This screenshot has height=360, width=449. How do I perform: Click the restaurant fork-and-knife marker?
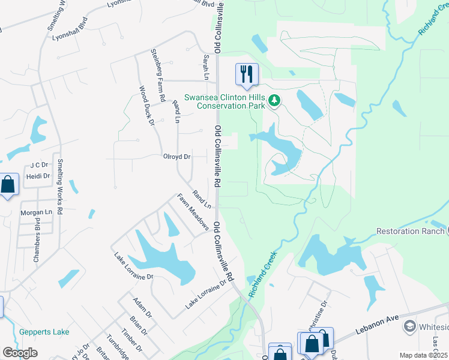point(247,74)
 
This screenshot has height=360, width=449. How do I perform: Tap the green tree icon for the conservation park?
point(274,100)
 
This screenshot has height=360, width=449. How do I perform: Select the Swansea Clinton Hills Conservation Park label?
point(224,101)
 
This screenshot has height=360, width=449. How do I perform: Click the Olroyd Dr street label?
point(176,157)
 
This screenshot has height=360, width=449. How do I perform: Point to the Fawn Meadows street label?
point(193,211)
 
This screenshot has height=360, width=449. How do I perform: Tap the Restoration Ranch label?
point(410,231)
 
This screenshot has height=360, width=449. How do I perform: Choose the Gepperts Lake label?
point(44,332)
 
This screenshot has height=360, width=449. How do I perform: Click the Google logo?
point(20,353)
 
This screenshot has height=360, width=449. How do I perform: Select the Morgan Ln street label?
point(37,212)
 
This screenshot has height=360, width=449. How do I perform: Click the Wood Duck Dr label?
point(147,106)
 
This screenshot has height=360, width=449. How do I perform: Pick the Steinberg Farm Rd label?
point(158,75)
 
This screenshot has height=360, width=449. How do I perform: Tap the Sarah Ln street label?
point(206,66)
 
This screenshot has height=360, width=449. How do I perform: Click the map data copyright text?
point(424,355)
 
